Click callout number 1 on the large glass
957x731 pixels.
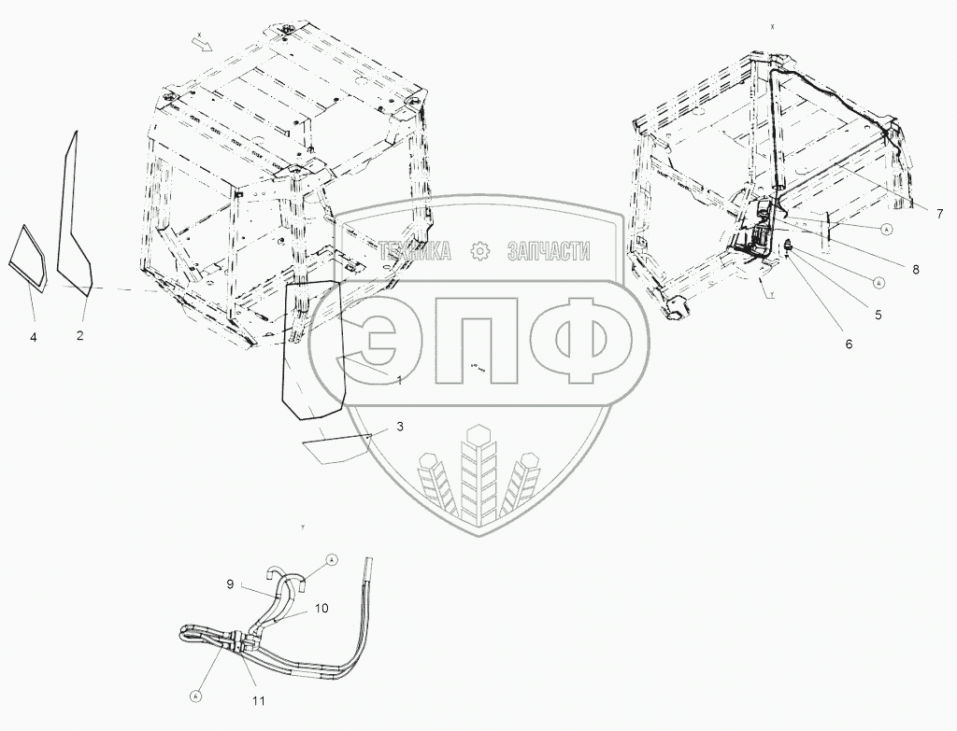point(399,381)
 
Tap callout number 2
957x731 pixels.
point(80,334)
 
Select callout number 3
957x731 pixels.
point(400,427)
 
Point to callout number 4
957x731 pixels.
point(33,335)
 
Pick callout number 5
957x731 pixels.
point(878,315)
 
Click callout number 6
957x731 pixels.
point(849,344)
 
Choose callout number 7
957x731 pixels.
point(938,213)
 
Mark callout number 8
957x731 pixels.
point(916,269)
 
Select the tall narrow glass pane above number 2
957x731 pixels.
point(75,215)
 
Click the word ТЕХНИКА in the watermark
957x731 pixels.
point(415,250)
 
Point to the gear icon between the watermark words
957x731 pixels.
point(479,250)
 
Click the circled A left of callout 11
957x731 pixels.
point(196,695)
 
